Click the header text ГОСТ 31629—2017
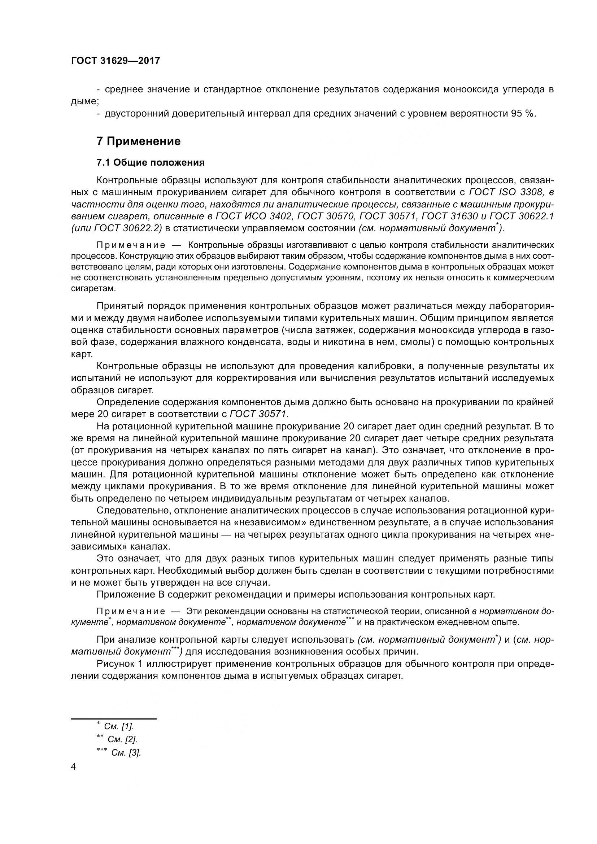[116, 61]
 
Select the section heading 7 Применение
[139, 141]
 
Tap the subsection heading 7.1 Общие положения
[151, 162]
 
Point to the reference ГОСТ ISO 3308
[504, 192]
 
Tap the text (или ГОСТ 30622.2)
[117, 228]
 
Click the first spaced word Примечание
[131, 245]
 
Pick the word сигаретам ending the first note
[93, 289]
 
